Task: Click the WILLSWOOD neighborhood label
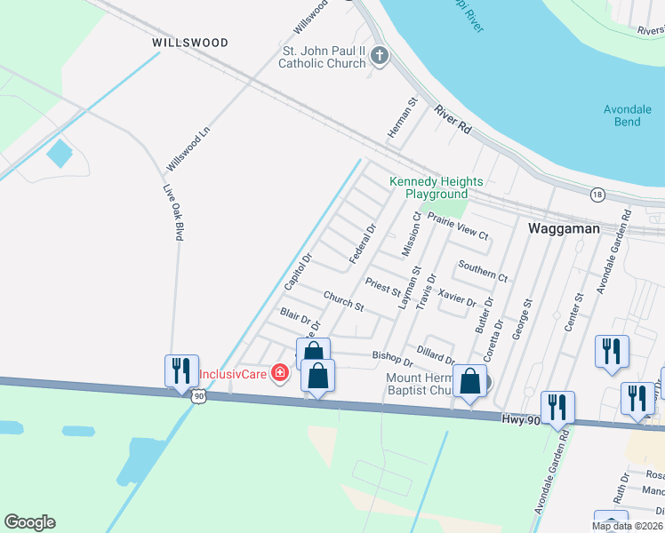click(189, 43)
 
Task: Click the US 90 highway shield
click(197, 397)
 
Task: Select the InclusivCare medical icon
click(279, 373)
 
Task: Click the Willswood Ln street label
click(188, 149)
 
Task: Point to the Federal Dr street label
click(364, 243)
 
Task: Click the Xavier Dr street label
click(458, 297)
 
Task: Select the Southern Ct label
click(483, 271)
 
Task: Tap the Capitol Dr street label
click(297, 272)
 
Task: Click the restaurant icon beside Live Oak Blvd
click(181, 370)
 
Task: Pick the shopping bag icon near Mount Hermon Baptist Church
click(470, 382)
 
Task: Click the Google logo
click(29, 522)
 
